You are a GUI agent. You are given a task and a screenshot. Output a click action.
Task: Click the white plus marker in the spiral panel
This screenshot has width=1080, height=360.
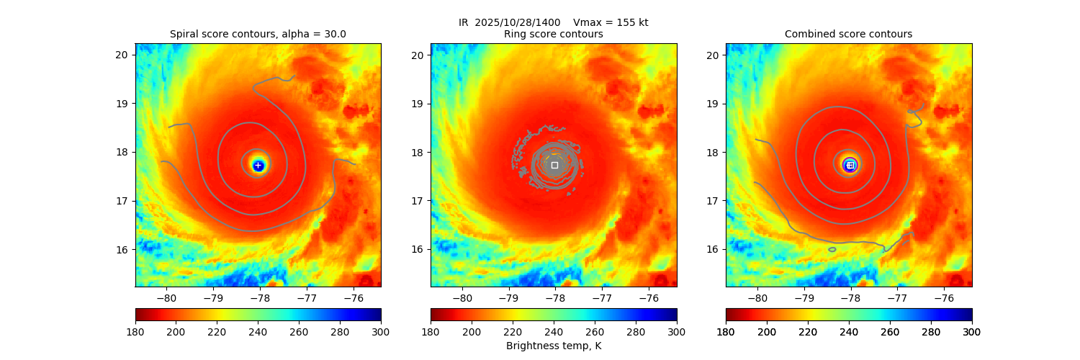(x=258, y=166)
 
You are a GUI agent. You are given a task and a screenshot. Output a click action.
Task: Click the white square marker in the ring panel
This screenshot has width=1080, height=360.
(x=554, y=165)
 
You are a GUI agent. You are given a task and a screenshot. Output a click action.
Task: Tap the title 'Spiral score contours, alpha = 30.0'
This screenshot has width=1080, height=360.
(x=258, y=34)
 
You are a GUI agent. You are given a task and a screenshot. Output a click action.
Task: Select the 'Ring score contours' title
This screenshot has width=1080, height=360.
(x=554, y=34)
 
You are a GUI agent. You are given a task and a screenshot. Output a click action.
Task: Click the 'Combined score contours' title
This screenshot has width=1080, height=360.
(x=848, y=34)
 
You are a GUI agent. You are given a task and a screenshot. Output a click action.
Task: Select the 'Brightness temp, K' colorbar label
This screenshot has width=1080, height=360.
(x=554, y=346)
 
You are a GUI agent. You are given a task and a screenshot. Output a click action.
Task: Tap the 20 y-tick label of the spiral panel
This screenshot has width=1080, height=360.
(x=122, y=55)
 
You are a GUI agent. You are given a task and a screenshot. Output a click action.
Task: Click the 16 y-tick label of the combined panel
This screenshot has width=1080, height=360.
(x=713, y=249)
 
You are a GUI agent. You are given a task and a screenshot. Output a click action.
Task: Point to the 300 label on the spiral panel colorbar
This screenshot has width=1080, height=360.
(x=381, y=331)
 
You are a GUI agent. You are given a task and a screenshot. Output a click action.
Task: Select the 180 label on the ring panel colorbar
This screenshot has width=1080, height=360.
(x=431, y=331)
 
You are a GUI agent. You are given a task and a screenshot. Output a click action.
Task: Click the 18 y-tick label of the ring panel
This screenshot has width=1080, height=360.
(x=418, y=152)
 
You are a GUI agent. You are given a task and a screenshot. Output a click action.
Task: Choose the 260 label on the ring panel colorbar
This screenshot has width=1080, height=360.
(x=595, y=331)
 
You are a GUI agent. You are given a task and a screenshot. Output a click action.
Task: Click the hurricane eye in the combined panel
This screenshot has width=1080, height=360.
(x=850, y=165)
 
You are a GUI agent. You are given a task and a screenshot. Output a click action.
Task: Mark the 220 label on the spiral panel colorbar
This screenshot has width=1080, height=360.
(x=217, y=331)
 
